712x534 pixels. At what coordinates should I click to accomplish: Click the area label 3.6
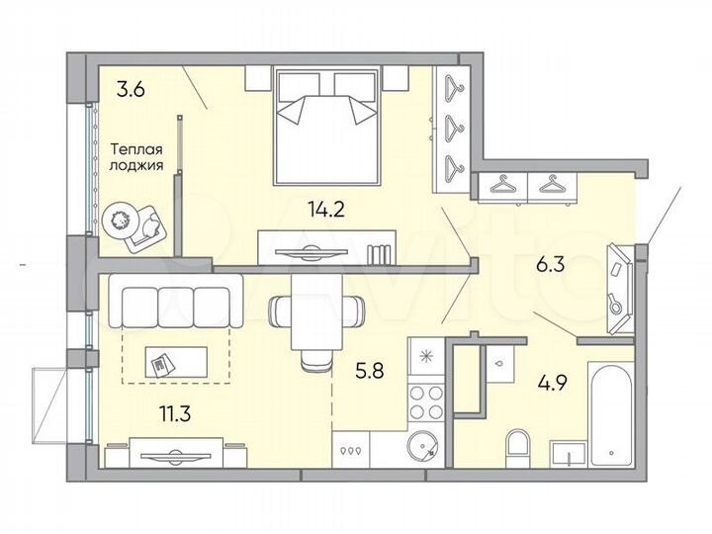[x=131, y=90]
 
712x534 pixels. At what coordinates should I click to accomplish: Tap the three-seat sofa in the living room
[x=174, y=301]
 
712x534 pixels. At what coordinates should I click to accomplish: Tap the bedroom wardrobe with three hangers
[x=454, y=123]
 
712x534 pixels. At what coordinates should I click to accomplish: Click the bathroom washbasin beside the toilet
[x=570, y=456]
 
